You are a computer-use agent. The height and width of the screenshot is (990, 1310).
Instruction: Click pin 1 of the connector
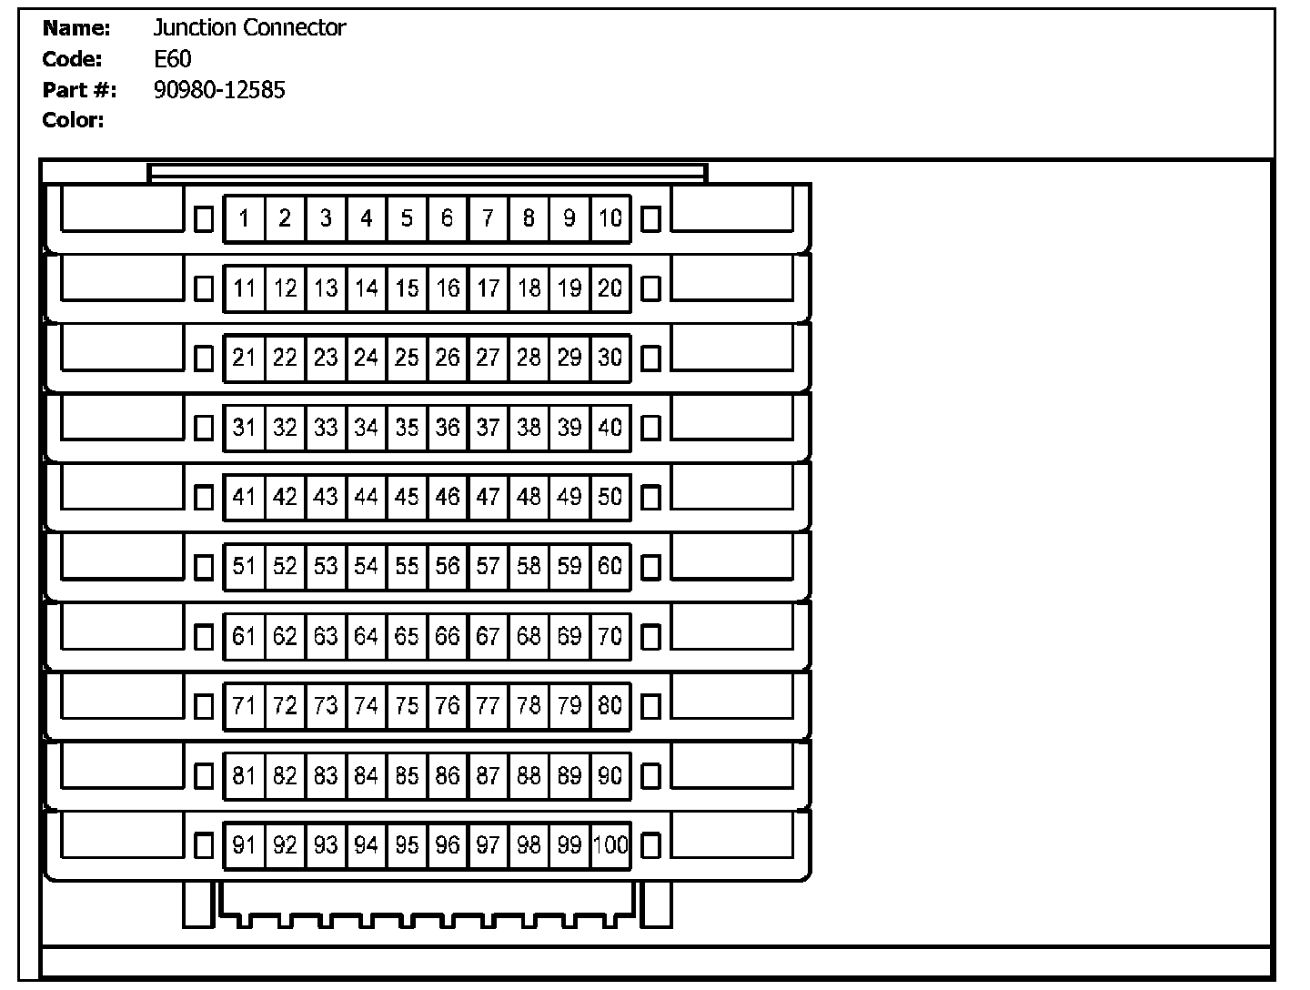244,218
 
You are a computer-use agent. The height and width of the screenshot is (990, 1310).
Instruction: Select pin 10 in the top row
610,218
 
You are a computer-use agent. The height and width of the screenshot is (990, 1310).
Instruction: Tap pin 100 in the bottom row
610,845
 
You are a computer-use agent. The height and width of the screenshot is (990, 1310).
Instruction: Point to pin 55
407,567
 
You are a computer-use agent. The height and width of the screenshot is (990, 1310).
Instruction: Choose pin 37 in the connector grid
489,427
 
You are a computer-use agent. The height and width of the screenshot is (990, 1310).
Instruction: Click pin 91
244,845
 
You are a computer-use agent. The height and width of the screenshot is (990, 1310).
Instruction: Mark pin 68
529,636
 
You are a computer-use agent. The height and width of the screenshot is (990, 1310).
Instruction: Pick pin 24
366,358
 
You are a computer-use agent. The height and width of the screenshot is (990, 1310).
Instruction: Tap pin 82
285,775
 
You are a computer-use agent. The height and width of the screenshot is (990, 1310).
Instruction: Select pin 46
448,497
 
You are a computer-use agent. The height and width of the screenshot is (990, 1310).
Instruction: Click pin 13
326,288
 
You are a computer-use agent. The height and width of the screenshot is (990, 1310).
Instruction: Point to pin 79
569,706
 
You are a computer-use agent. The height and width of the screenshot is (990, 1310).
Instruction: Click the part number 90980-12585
219,89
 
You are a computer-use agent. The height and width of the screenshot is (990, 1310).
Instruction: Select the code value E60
173,59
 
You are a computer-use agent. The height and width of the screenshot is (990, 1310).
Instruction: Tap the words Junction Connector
249,28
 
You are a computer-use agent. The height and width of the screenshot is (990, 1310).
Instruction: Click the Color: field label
73,120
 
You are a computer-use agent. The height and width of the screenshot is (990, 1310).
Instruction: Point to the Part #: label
79,90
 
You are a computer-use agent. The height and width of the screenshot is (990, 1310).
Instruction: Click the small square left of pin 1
205,218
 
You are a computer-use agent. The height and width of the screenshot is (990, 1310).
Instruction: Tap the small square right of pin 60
650,567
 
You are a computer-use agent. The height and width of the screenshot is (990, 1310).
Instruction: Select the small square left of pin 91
205,845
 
